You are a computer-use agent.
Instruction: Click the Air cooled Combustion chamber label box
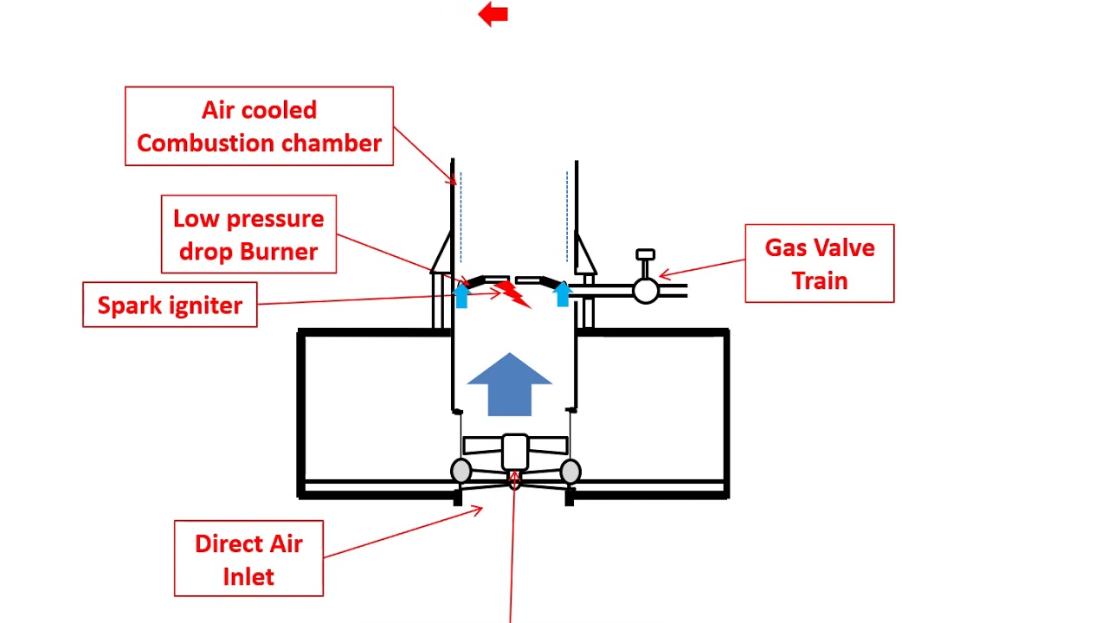259,126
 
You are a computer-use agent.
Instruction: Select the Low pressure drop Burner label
248,234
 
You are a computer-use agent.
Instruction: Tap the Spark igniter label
170,305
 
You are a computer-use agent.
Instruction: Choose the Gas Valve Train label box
819,264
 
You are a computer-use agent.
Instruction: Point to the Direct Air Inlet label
248,559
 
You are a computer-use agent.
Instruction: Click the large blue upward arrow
510,384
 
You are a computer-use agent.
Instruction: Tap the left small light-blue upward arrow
461,294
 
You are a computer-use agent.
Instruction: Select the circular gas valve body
646,291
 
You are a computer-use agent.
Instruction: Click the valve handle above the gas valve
646,255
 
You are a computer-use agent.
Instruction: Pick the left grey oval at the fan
461,472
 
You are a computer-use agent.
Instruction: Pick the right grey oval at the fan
570,472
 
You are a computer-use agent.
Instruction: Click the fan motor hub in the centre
515,452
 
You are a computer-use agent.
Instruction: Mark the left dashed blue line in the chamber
461,216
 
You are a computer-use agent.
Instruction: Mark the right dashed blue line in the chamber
567,216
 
